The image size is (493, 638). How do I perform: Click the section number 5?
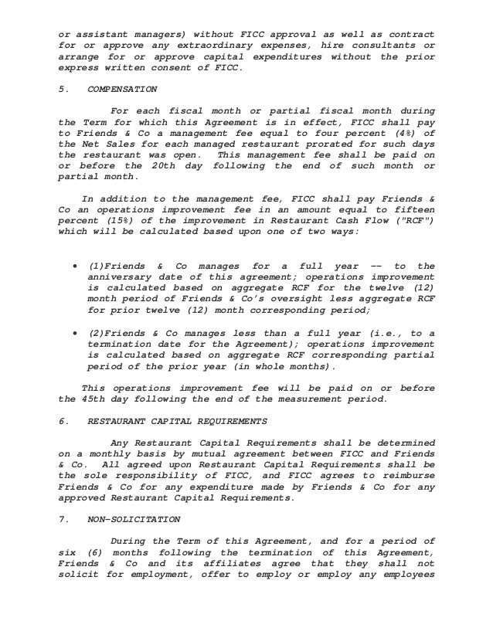click(x=62, y=89)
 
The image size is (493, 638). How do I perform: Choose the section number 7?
click(x=62, y=521)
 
